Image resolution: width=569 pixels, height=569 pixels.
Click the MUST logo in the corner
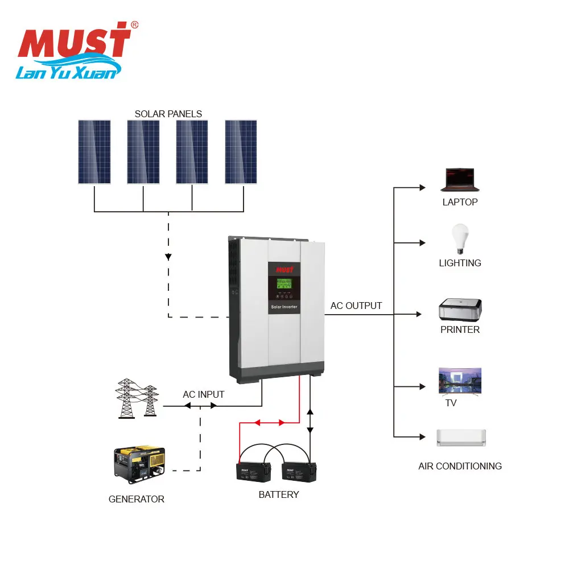[x=77, y=51]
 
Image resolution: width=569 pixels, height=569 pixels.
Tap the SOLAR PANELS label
[x=168, y=114]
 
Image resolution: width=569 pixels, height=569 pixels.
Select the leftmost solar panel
[x=94, y=152]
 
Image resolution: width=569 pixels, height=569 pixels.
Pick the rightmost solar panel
[x=241, y=152]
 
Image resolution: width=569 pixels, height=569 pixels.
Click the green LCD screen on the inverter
[x=284, y=283]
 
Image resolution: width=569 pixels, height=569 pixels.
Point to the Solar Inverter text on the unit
[x=284, y=307]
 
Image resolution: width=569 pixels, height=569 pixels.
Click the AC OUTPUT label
[x=356, y=306]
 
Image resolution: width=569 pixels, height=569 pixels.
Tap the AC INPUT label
[x=204, y=394]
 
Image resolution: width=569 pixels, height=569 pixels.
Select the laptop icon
[x=460, y=180]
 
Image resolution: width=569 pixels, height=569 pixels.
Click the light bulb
[x=460, y=238]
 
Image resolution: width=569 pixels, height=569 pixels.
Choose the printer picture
[x=460, y=310]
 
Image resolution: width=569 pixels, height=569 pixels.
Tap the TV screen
[x=460, y=381]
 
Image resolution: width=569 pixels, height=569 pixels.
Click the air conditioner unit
[x=461, y=438]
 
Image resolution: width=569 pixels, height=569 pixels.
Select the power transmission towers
[x=137, y=398]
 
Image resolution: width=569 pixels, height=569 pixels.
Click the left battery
[x=254, y=472]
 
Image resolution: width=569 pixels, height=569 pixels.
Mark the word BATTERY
[x=279, y=494]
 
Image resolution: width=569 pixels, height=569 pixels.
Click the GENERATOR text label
[x=137, y=500]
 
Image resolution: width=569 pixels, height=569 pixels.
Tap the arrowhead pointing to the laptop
[x=422, y=188]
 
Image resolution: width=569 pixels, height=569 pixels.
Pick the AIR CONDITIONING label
[x=460, y=467]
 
